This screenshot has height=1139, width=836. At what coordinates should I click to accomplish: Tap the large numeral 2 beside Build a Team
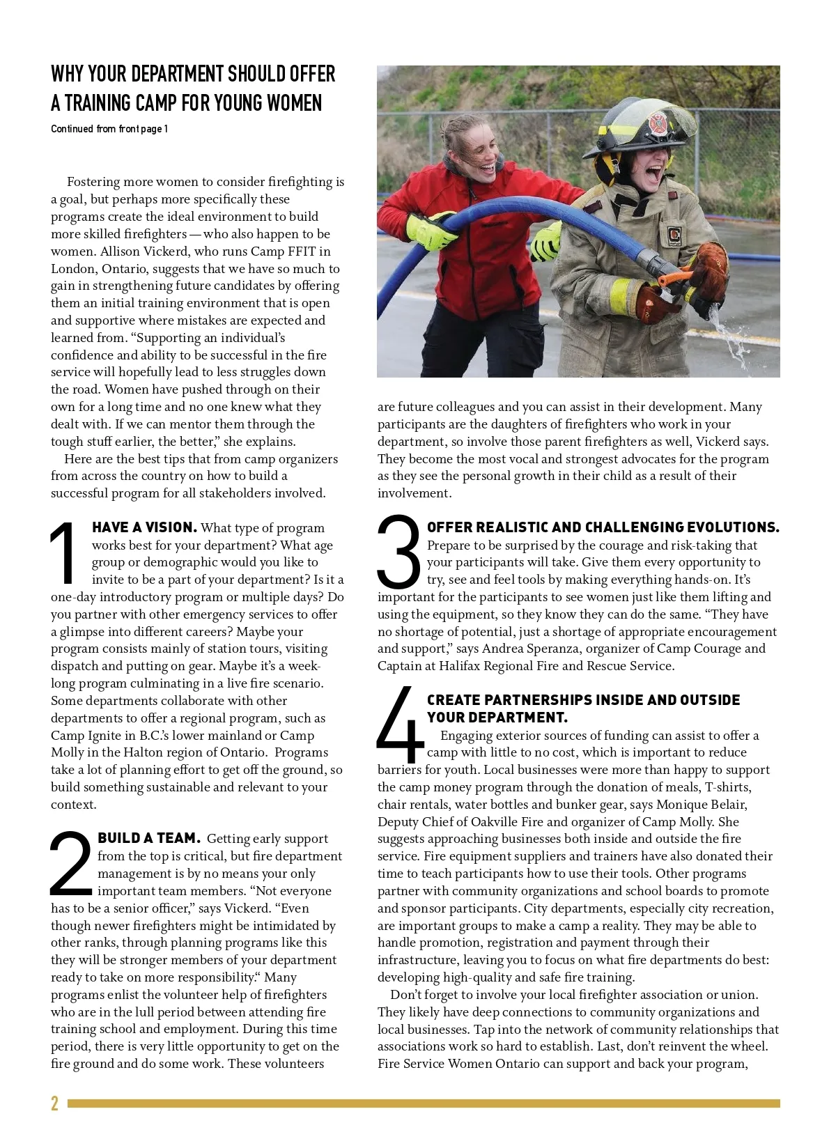coord(70,864)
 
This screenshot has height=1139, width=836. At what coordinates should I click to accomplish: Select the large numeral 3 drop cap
coord(398,552)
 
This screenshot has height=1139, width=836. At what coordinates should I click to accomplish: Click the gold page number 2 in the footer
coord(54,1103)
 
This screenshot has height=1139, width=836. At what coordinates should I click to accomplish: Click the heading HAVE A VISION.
coord(144,527)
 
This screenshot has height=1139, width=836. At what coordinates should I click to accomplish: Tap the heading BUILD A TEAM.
coord(149,838)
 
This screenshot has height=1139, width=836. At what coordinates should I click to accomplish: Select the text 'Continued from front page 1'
coord(109,129)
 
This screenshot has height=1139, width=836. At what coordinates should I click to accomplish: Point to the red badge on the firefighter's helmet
coord(656,123)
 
